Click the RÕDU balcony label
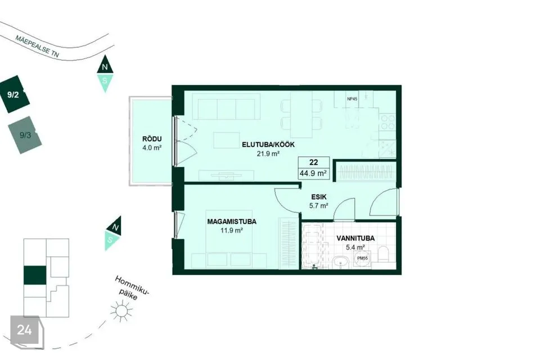point(152,139)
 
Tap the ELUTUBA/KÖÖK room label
point(268,145)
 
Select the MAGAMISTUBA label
point(232,222)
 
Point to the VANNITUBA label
point(355,238)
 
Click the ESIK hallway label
point(319,197)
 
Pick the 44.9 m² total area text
point(313,173)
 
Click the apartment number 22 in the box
point(314,162)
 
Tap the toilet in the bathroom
point(383,254)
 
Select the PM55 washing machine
point(362,258)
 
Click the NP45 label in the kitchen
point(352,99)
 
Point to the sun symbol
point(121,311)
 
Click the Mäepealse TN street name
point(37,46)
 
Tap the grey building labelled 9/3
point(25,135)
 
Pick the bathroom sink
point(341,263)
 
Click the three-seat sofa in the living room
point(227,106)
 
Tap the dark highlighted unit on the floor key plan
point(35,275)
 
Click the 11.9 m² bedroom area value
point(232,230)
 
